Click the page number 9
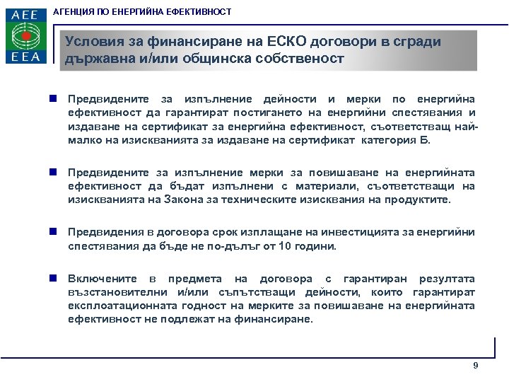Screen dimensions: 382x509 pyautogui.click(x=475, y=365)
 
